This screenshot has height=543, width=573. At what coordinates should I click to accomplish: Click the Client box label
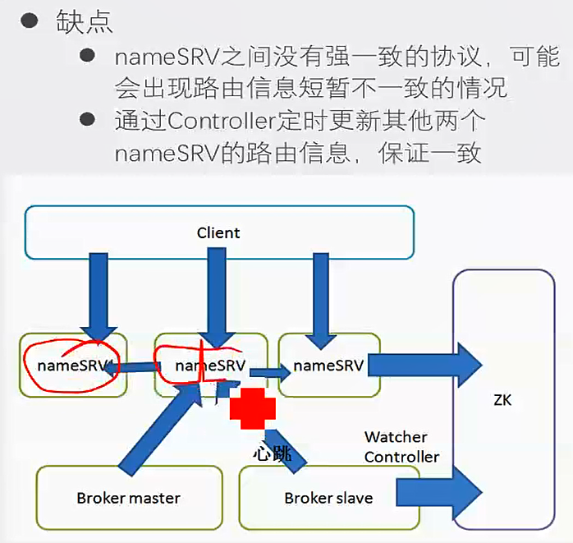click(x=218, y=232)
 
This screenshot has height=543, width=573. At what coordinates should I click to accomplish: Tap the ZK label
click(x=503, y=400)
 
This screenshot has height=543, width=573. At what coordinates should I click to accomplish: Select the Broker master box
click(x=128, y=497)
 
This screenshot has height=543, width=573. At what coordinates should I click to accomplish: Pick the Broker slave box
click(x=328, y=497)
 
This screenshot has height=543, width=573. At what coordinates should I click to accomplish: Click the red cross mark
click(x=253, y=408)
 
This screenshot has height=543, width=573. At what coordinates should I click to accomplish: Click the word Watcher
click(x=396, y=437)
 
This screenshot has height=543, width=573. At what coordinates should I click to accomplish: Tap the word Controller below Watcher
click(x=401, y=457)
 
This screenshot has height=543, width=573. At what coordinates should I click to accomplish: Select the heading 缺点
click(x=85, y=22)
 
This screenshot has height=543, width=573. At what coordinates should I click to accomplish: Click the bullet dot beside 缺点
click(x=30, y=21)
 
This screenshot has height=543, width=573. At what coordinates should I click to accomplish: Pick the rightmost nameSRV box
click(x=329, y=364)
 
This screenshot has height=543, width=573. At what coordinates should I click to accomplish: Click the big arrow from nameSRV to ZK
click(x=427, y=364)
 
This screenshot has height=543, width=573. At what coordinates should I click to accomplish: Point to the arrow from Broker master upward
click(x=156, y=427)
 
